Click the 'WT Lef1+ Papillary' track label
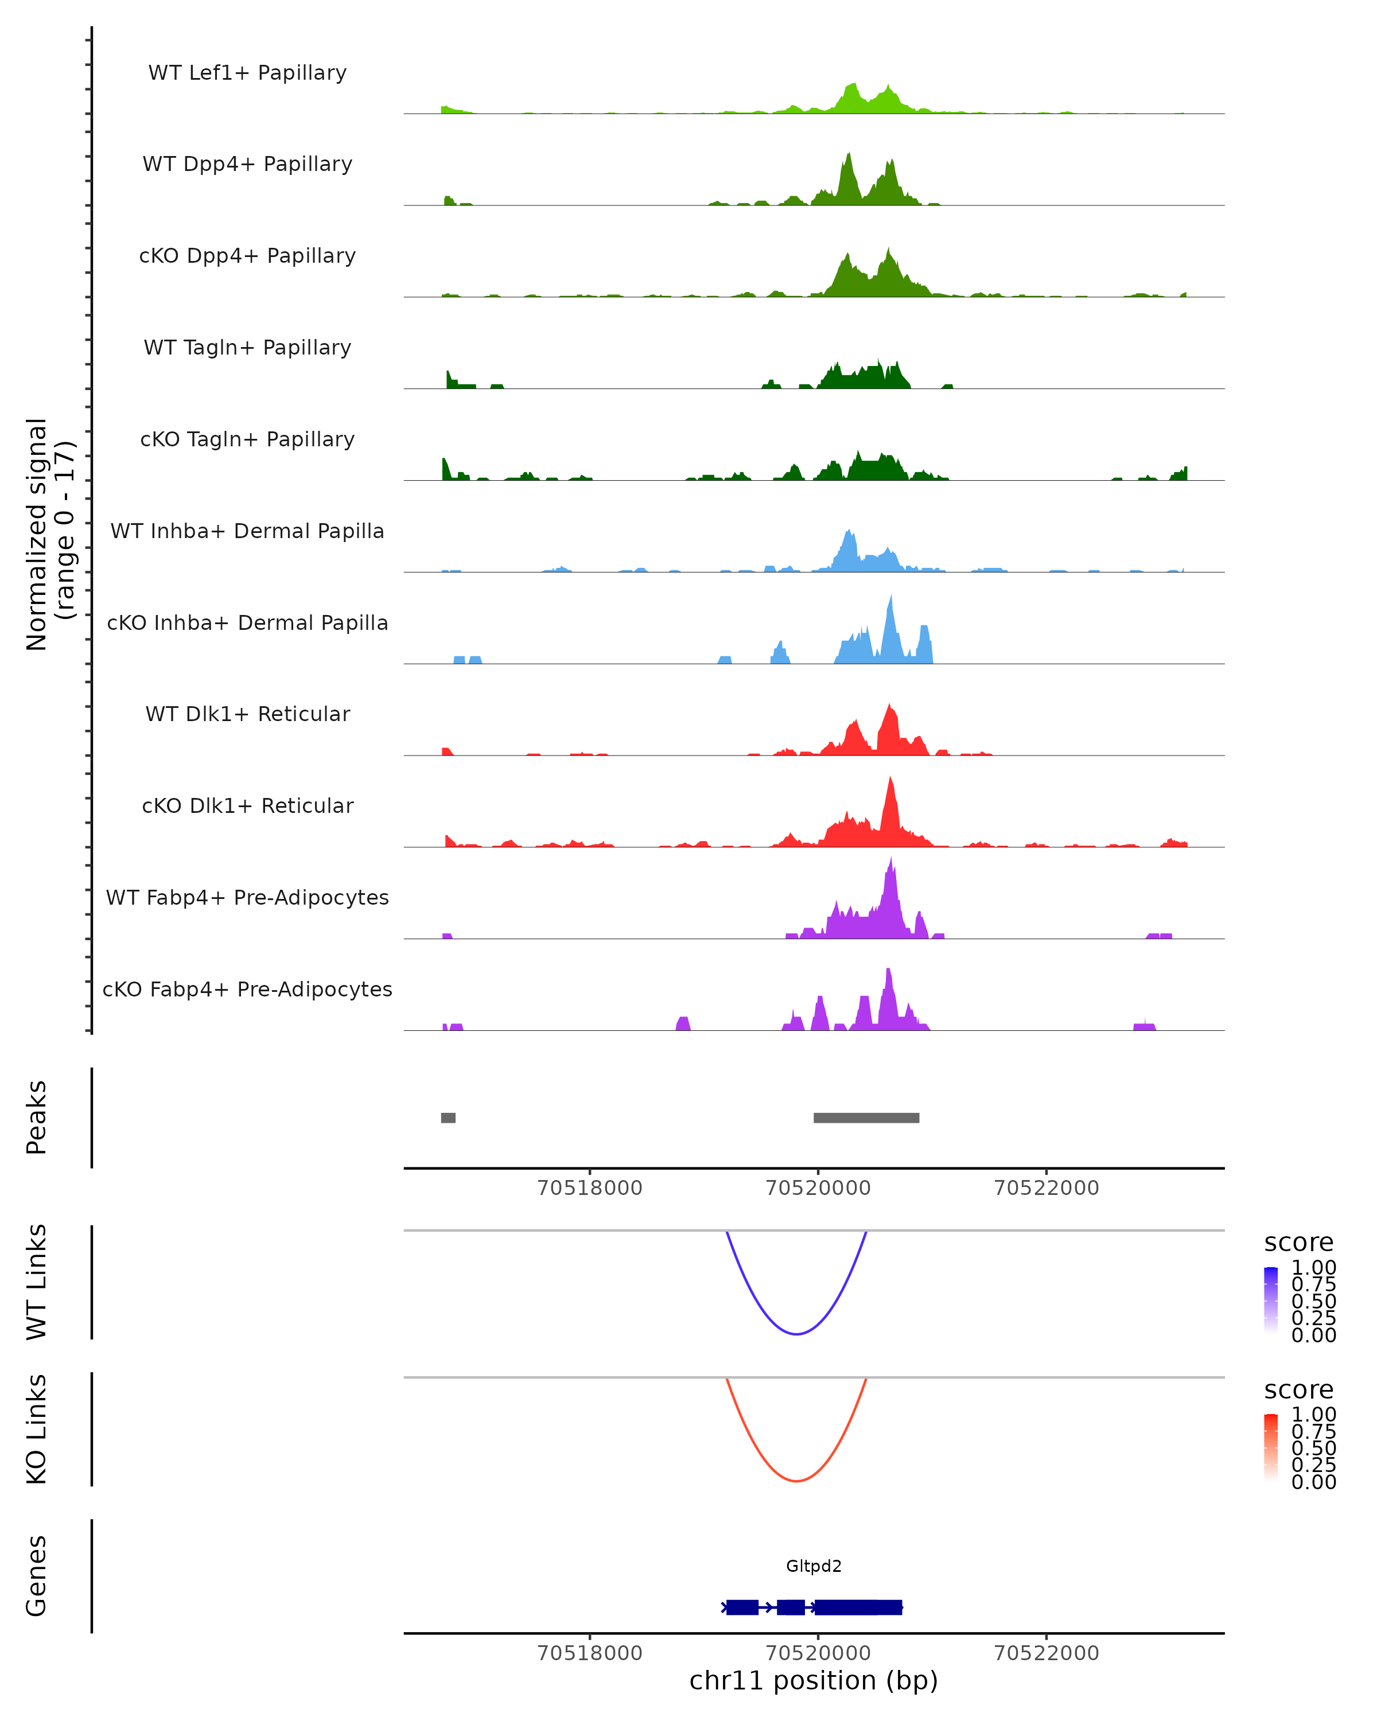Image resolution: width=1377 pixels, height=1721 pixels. coord(247,73)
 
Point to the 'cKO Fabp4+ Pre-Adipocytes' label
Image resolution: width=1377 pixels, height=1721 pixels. coord(247,989)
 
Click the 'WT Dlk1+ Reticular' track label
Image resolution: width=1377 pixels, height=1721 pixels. coord(247,714)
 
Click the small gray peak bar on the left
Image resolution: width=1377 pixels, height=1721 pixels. coord(448,1118)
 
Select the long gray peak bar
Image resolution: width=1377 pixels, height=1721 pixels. coord(866,1118)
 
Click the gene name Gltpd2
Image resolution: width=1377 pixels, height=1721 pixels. coord(814,1566)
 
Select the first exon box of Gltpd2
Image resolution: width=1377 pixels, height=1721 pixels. coord(742,1607)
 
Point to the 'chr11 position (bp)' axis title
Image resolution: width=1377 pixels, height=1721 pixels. coord(814,1681)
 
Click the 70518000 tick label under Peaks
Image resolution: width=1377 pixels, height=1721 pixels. coord(589,1188)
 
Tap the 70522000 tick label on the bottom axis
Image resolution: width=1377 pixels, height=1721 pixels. coord(1046,1653)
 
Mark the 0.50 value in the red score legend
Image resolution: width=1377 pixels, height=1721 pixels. coord(1313,1448)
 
